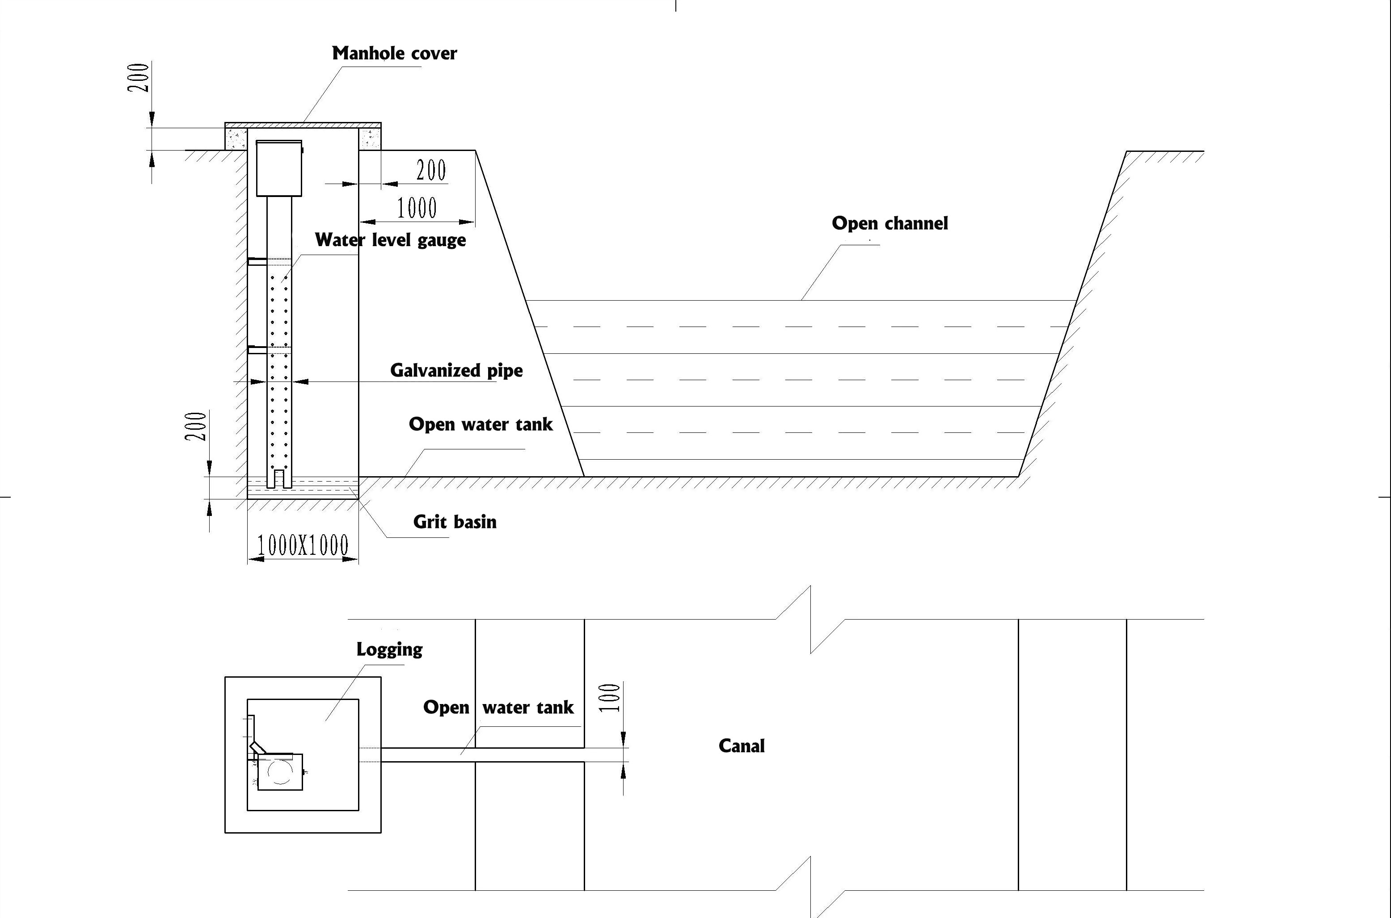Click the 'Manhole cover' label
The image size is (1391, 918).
394,53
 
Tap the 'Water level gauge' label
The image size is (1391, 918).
390,240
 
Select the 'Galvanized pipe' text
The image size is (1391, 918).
456,371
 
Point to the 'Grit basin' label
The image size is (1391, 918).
455,522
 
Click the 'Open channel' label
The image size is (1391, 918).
889,223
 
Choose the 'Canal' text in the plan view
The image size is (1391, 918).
742,746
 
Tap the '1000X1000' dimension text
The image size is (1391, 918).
303,545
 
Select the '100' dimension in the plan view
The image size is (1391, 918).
610,697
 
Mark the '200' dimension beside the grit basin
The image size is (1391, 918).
196,426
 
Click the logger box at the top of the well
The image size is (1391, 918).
279,168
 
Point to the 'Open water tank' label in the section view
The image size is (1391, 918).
480,424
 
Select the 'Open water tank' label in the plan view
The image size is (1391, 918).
498,707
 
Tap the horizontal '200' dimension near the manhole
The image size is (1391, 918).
431,170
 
